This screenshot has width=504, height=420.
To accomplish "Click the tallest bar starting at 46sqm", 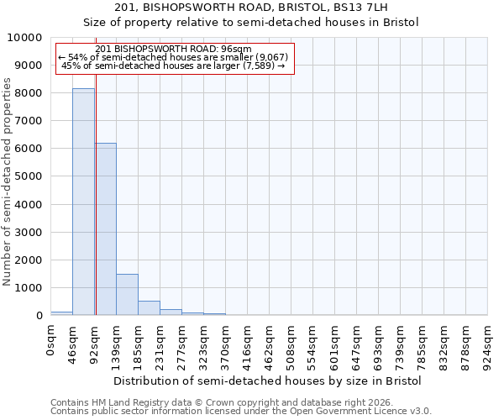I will coord(83,202).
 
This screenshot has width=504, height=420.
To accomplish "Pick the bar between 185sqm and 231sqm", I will coord(149,308).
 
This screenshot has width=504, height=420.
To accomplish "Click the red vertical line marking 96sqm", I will coord(96,185).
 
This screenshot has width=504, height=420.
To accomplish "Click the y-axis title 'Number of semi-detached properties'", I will coord(8,181).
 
